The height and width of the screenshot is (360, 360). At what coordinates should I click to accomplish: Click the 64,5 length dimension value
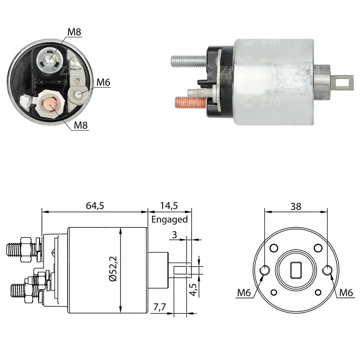coord(95,206)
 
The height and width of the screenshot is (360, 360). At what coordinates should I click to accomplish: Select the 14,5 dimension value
coord(169,206)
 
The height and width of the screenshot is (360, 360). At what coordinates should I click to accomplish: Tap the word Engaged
coord(170,219)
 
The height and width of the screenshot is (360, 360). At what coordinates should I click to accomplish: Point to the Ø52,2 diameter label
coord(113,269)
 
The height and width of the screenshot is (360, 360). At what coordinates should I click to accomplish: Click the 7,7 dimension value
coord(159,307)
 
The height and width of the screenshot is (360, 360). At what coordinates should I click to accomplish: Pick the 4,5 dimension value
coord(193,290)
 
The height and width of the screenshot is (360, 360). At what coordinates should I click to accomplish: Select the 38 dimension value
coord(296,206)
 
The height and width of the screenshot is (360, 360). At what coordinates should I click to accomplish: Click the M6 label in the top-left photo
coord(103,82)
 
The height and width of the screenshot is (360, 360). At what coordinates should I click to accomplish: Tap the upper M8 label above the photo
coord(74,32)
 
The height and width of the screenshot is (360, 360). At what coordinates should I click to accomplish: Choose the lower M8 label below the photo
coord(81,125)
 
